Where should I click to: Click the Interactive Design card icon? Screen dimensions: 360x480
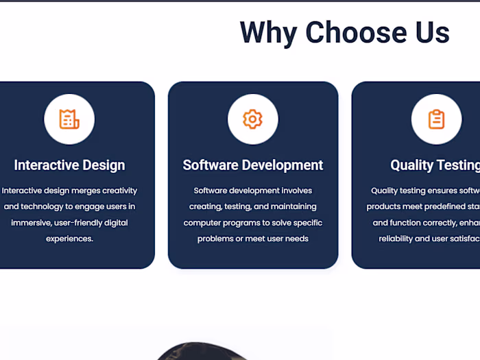[x=69, y=119]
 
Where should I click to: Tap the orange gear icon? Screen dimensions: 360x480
[x=252, y=119]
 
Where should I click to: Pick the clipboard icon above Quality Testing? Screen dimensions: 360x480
[x=436, y=119]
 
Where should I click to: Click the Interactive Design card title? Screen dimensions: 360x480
[x=69, y=165]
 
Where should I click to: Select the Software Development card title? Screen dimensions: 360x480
[x=252, y=165]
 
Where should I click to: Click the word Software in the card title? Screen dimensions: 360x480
[x=211, y=165]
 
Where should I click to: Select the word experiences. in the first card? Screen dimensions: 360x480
[x=69, y=239]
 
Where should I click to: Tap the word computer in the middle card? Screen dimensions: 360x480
[x=202, y=223]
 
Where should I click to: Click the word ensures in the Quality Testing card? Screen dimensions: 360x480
[x=437, y=191]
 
